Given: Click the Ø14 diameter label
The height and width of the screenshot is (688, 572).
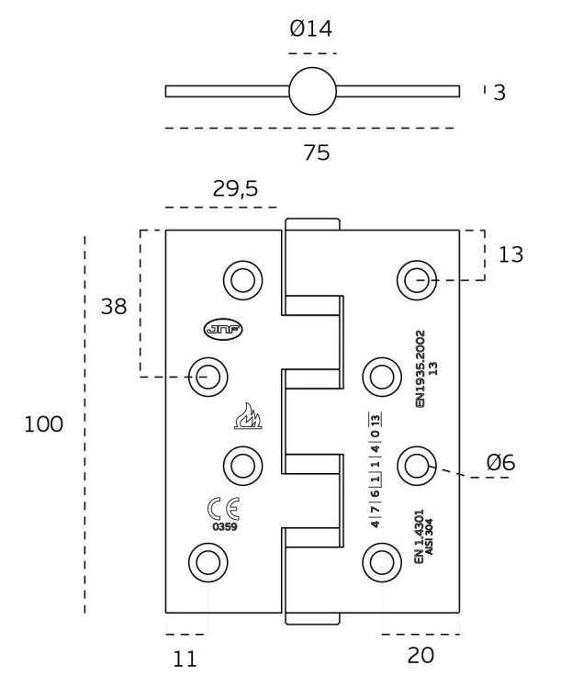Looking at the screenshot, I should (x=310, y=29).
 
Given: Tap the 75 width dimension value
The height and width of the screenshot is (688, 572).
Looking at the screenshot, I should (x=316, y=152).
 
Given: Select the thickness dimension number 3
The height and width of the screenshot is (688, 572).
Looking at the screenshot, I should (x=499, y=92).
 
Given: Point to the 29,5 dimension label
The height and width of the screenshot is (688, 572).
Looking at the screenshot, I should (x=235, y=189).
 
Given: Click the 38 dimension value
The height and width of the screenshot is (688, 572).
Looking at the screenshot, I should (x=114, y=307).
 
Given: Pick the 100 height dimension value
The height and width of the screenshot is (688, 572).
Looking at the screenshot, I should (x=44, y=424).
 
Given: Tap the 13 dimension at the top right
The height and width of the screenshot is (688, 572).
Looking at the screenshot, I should (x=510, y=254).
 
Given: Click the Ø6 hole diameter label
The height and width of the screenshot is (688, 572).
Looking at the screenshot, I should (x=500, y=463).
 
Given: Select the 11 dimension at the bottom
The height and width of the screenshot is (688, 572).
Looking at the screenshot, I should (x=185, y=658).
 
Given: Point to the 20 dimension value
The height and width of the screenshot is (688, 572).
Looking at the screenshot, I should (x=421, y=655).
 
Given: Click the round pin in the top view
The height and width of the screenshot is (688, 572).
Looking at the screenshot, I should (x=312, y=91).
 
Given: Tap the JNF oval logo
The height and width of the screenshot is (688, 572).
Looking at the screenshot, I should (x=224, y=329).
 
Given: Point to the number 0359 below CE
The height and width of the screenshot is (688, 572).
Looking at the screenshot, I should (x=225, y=527).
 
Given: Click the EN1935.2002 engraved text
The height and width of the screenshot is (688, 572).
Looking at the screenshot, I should (x=421, y=367).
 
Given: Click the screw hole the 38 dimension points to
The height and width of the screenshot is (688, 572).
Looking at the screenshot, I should (x=207, y=376).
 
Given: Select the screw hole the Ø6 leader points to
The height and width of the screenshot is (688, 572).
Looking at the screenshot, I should (x=417, y=465).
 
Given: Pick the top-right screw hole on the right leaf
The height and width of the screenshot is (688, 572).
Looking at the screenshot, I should (x=417, y=279).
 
